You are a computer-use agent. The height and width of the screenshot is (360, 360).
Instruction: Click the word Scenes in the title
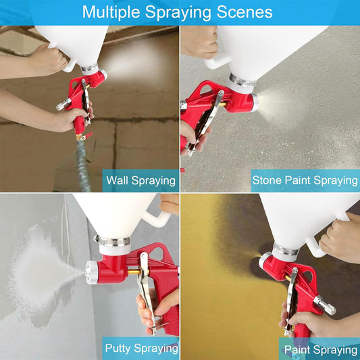pos(244,12)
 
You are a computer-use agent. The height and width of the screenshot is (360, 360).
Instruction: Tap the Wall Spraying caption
pos(140,180)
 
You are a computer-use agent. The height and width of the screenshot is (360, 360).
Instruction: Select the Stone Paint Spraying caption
pos(305,180)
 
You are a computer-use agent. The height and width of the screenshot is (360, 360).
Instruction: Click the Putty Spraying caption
pos(140,349)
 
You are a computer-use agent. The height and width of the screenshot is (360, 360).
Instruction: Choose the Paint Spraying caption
pos(320,349)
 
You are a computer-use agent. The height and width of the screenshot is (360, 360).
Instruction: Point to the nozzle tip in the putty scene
pos(88,274)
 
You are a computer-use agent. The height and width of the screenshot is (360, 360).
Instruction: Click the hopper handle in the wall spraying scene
pos(68,64)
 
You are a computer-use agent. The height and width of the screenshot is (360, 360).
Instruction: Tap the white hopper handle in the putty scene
pos(159,217)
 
